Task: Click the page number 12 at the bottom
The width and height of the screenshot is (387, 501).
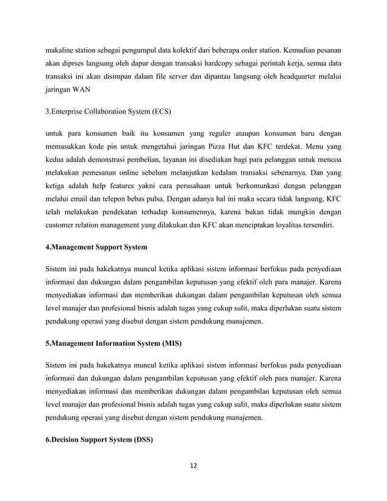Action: coord(193,466)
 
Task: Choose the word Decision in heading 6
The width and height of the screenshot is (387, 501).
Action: coord(69,439)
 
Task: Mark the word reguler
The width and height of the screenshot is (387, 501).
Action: coord(215,132)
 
